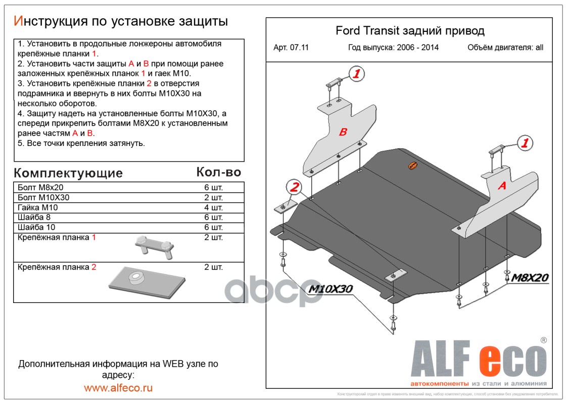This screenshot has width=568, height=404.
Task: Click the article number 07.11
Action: (299, 47)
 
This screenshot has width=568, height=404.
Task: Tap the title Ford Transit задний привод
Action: (410, 31)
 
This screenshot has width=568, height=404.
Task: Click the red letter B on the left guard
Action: (343, 132)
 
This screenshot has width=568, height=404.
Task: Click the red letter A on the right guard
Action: (502, 186)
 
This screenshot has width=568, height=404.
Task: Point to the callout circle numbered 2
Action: (293, 187)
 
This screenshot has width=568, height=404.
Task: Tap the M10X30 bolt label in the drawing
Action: (330, 289)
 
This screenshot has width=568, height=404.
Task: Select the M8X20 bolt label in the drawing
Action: (530, 277)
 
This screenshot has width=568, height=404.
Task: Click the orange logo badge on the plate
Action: (413, 166)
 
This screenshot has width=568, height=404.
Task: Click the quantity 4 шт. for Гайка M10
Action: (213, 208)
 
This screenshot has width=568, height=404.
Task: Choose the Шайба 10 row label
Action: (34, 227)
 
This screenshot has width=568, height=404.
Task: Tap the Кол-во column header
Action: (218, 172)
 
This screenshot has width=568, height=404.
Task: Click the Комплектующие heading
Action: (68, 173)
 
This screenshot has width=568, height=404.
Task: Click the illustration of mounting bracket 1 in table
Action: (154, 246)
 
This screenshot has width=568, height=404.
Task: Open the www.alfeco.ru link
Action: (118, 388)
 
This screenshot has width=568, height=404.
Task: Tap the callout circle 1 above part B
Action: (357, 74)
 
